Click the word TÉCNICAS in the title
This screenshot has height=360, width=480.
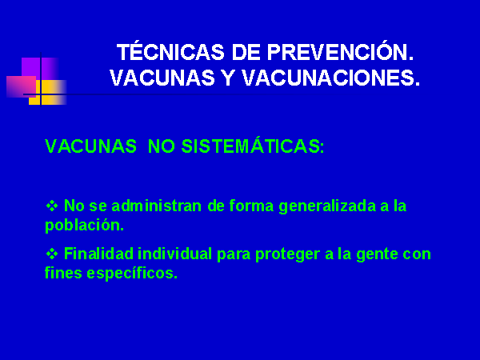point(171,51)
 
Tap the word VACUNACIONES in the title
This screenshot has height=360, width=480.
point(330,78)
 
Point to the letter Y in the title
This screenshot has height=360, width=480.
point(228,78)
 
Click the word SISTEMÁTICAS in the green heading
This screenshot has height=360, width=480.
point(253,146)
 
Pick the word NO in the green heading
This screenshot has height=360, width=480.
point(161,146)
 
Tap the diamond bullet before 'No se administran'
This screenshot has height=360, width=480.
point(52,206)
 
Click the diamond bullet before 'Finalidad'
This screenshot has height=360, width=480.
point(52,254)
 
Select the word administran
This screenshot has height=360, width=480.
point(157,206)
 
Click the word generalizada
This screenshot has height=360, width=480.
point(327,206)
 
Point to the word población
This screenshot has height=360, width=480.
point(84,226)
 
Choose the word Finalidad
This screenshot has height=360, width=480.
point(98,254)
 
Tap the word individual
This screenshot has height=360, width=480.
point(174,254)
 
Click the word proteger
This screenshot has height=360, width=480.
point(288,254)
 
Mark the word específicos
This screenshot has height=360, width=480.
point(132,273)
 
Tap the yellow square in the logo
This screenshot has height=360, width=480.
point(48,93)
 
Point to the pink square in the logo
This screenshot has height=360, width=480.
point(21,86)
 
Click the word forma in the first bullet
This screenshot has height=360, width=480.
point(251,206)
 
